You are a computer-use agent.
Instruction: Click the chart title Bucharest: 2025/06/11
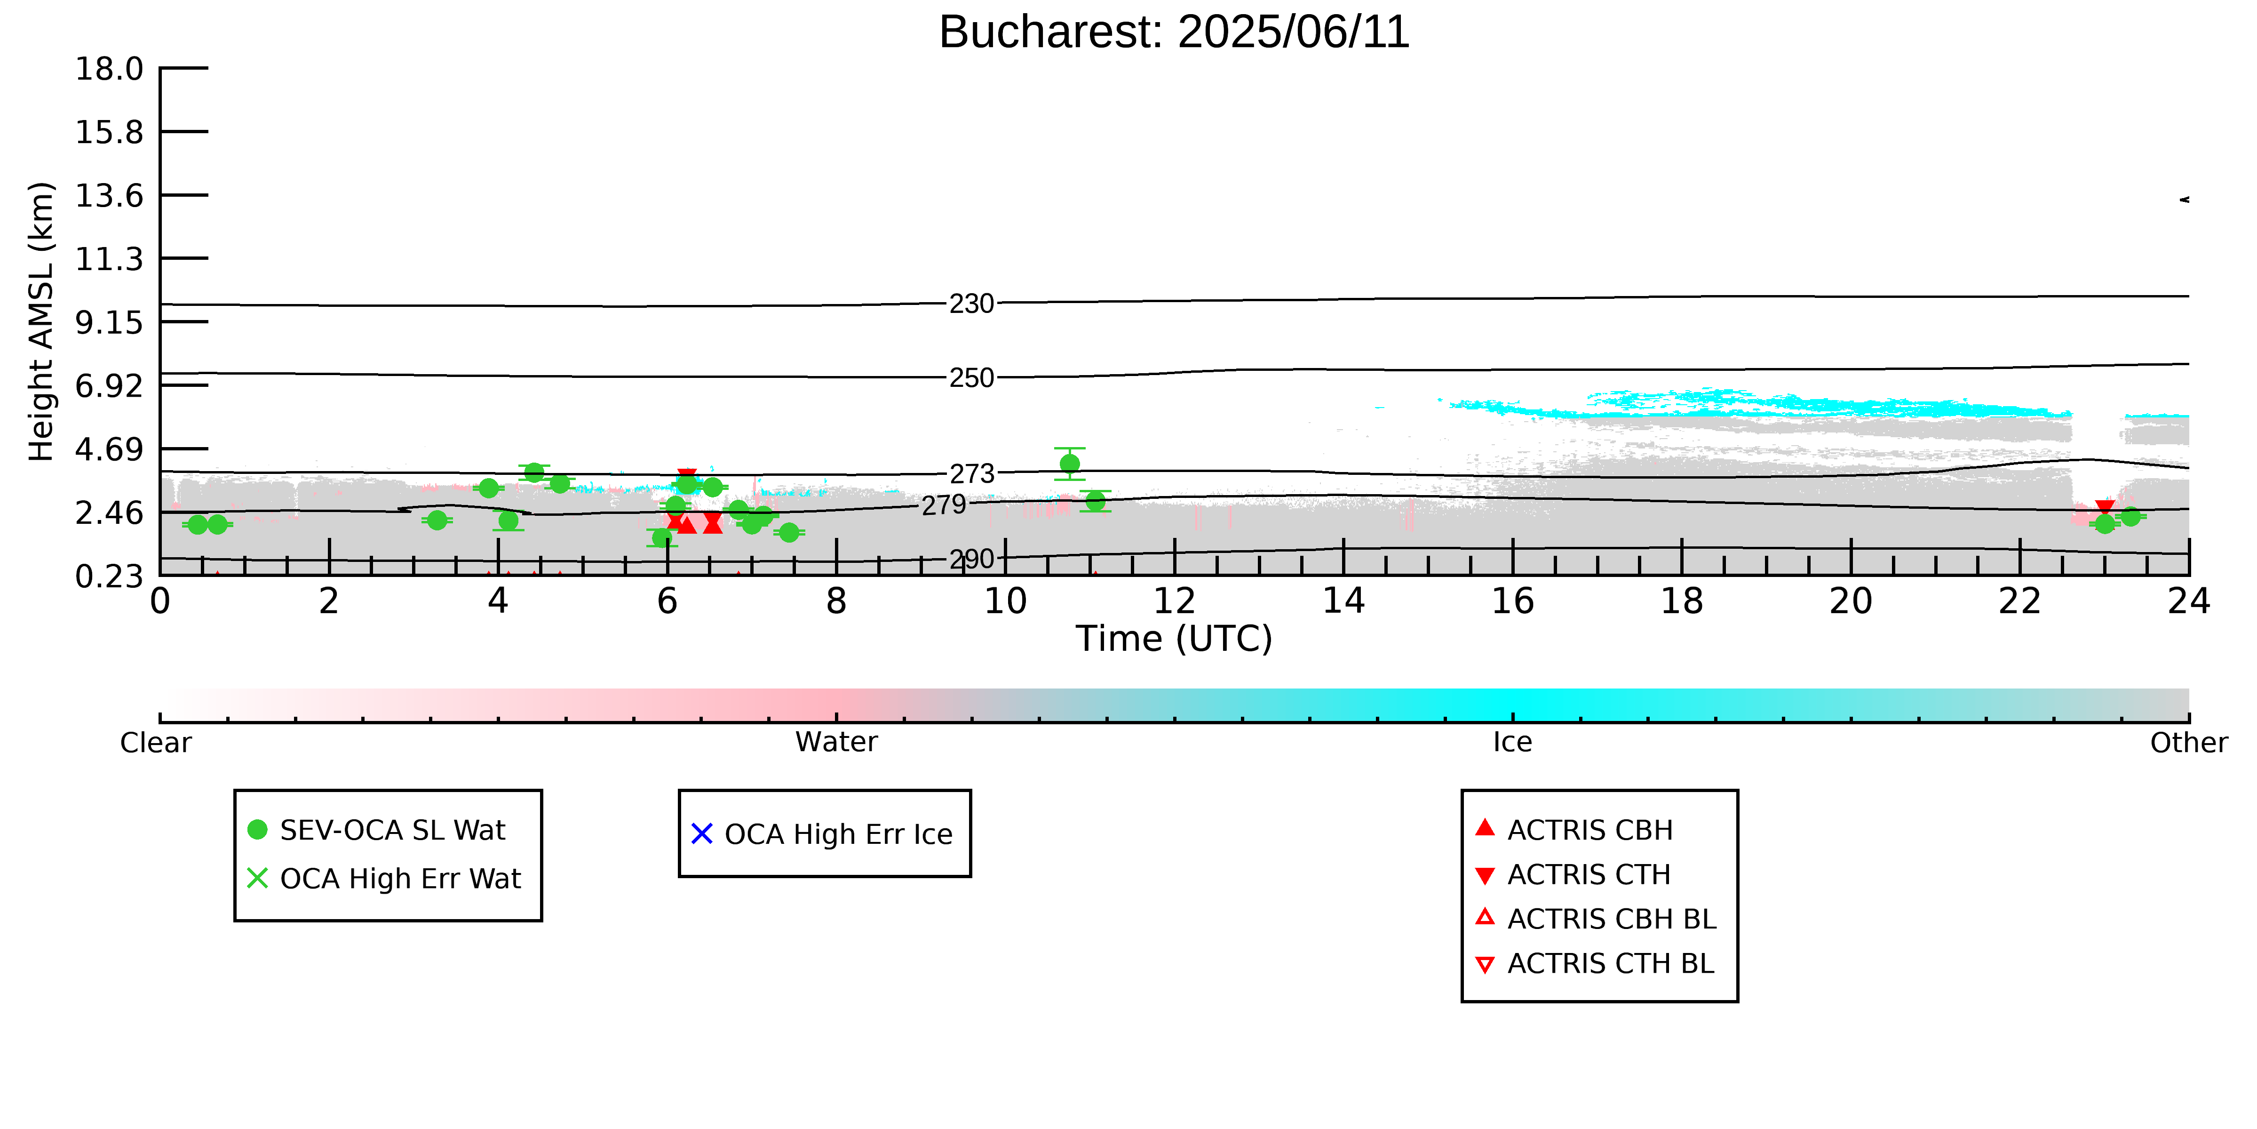[1174, 32]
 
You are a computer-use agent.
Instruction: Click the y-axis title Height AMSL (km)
[41, 322]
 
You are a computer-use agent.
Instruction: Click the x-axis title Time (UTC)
[1174, 639]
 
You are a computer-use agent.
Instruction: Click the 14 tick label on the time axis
[1343, 601]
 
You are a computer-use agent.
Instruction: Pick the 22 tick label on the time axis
[2019, 601]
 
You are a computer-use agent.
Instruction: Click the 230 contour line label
[972, 304]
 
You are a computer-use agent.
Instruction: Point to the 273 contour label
[972, 474]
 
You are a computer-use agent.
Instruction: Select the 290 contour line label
[972, 559]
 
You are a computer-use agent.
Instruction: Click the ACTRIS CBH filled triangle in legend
[1485, 828]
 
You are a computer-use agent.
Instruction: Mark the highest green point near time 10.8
[1070, 464]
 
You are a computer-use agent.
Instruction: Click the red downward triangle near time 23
[2106, 508]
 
